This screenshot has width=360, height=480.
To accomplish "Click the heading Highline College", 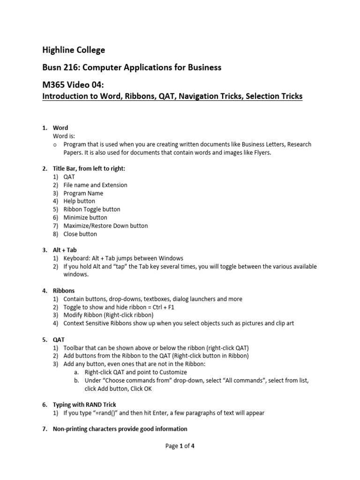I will point(74,50).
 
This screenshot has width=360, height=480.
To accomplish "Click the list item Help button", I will point(79,201).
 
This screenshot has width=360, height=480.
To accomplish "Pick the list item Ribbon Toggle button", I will point(92,209).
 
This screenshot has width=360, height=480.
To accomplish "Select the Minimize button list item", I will point(85,217).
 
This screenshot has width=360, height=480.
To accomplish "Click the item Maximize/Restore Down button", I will point(105,225).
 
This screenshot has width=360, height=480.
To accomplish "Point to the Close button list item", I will point(80,234).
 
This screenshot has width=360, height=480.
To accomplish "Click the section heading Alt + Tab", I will point(65,250).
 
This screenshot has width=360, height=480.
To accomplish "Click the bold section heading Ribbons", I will point(64,291).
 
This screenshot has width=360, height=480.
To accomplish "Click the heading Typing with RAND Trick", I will point(84,404).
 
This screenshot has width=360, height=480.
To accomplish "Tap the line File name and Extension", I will point(95,185).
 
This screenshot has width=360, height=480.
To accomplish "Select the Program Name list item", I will point(83,193).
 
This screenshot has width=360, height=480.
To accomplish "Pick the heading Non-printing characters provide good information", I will point(120,429).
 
